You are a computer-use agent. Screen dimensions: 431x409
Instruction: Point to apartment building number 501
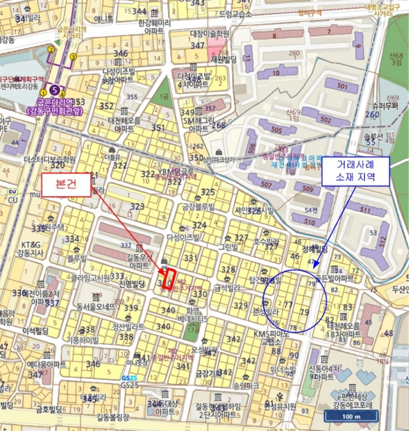click(343, 86)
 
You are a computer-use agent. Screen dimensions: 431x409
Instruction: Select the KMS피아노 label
click(271, 334)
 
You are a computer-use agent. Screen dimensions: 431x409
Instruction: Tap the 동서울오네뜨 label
click(97, 306)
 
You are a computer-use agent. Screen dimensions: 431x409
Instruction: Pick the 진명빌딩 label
click(131, 284)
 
